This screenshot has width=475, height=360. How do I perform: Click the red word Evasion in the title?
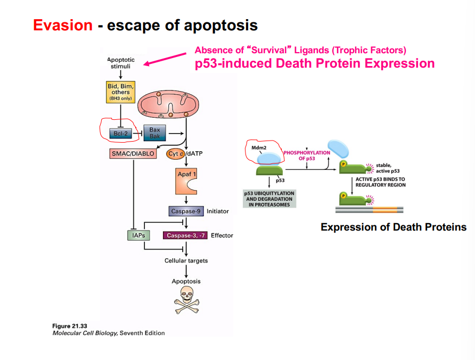(x=62, y=25)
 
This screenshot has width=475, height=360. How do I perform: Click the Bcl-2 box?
(x=118, y=133)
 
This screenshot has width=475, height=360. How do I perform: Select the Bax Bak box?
(x=154, y=133)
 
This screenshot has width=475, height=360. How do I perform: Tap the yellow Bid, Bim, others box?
(x=120, y=91)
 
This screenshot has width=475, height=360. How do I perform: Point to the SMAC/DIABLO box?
(x=133, y=154)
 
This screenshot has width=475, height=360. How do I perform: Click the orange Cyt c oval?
(x=175, y=154)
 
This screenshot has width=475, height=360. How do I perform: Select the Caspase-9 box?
(x=186, y=211)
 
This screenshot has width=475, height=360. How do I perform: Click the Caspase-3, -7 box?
(x=185, y=235)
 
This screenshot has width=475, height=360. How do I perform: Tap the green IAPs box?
(x=138, y=235)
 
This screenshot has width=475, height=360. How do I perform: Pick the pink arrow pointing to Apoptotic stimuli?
(x=164, y=60)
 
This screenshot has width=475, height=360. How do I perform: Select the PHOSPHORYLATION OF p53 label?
(x=307, y=156)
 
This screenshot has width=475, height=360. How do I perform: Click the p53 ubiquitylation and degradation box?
(x=269, y=198)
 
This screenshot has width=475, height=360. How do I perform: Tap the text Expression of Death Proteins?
(x=393, y=227)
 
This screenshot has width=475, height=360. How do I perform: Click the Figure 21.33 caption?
(x=70, y=326)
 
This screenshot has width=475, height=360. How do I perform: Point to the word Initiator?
(x=217, y=211)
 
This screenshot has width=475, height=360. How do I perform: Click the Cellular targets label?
(x=186, y=261)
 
